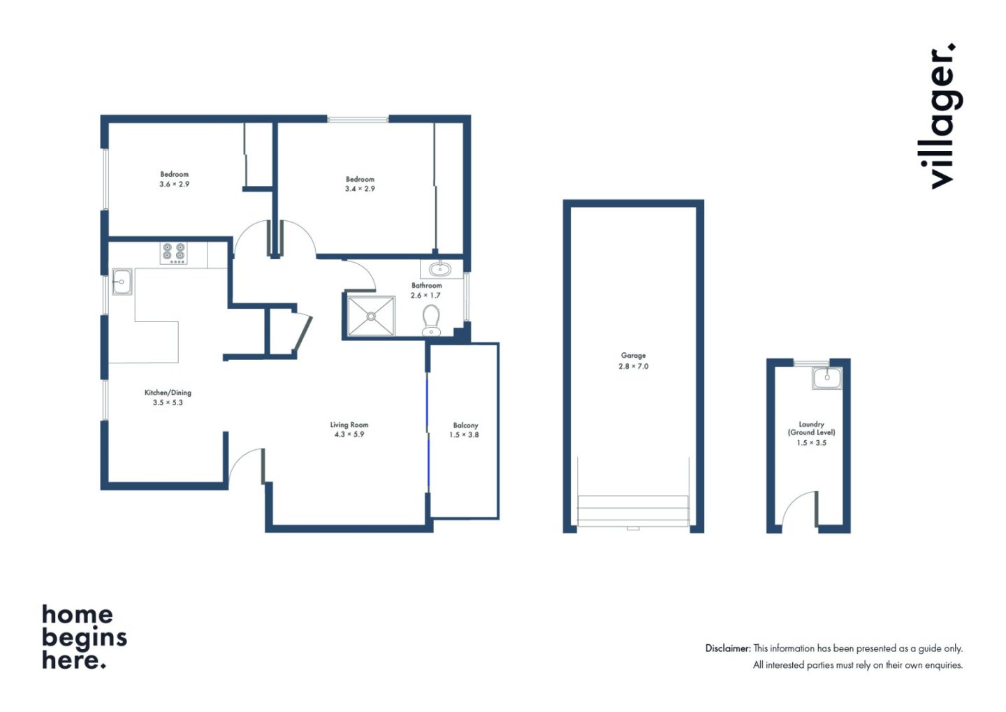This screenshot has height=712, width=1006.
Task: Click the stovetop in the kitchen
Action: tap(174, 254)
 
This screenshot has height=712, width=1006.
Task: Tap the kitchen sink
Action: tap(122, 282)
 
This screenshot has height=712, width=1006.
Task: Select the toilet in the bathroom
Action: tap(431, 320)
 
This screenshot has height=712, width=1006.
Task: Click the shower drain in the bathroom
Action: tap(371, 317)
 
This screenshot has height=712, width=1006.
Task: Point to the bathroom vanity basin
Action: tap(440, 269)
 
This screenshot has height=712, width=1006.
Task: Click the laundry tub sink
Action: tap(827, 378)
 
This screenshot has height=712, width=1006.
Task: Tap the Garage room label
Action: tap(633, 356)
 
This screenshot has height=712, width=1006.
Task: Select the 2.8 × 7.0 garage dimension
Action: tap(633, 366)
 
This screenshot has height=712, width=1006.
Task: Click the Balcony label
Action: tap(465, 425)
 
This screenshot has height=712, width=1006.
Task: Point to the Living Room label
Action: tap(349, 425)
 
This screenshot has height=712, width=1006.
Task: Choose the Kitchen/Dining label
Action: tap(168, 393)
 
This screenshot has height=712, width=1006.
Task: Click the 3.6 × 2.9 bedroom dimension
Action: tap(174, 184)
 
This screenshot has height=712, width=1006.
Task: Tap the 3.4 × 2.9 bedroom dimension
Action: tap(360, 189)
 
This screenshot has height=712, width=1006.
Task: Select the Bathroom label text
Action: tap(427, 285)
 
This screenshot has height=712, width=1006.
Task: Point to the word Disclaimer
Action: tap(728, 648)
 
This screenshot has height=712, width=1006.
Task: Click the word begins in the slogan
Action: tap(85, 638)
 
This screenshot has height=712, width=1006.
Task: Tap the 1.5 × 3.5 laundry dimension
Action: tap(811, 442)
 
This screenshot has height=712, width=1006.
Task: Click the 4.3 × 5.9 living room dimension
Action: tap(349, 435)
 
